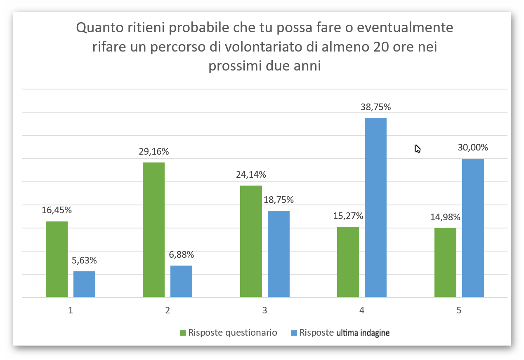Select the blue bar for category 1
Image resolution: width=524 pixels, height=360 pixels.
click(x=84, y=284)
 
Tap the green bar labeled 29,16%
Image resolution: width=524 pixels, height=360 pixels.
click(x=153, y=230)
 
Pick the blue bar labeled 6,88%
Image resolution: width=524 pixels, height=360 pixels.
click(x=181, y=281)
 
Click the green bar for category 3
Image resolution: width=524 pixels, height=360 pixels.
click(x=251, y=241)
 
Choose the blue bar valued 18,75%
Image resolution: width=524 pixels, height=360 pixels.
click(x=279, y=254)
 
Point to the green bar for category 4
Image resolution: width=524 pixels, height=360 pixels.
click(x=348, y=262)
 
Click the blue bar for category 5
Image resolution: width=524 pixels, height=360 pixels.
click(x=473, y=228)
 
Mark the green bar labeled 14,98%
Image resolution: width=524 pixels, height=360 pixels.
click(x=445, y=262)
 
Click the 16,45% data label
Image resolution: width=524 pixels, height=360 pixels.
click(x=57, y=210)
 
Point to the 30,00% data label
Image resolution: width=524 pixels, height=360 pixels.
click(x=473, y=147)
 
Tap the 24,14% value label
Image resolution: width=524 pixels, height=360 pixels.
click(x=251, y=174)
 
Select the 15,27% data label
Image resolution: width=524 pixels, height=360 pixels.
click(x=348, y=216)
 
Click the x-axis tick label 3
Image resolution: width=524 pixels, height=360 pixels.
click(x=264, y=311)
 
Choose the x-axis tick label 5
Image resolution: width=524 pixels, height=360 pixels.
click(x=459, y=311)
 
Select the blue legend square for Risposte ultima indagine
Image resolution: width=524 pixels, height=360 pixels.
click(x=294, y=333)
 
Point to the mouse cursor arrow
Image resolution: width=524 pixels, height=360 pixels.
click(x=418, y=148)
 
